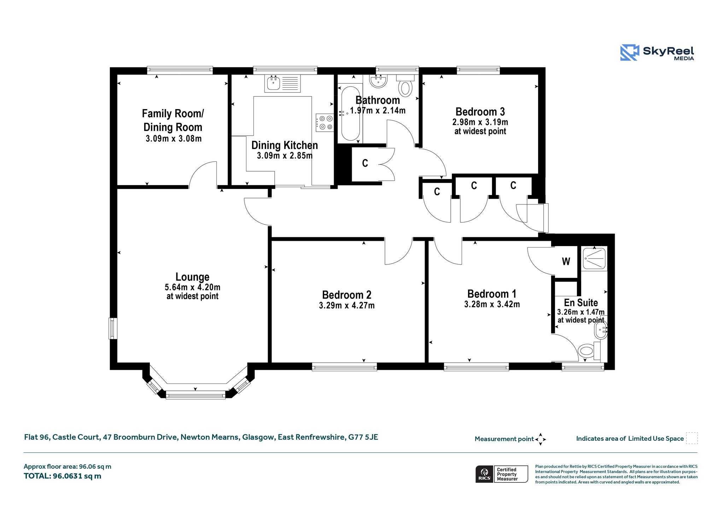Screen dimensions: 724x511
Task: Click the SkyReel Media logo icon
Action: click(x=630, y=52)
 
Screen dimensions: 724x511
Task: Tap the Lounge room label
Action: click(x=192, y=277)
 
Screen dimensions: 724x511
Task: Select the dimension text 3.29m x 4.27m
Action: click(x=347, y=305)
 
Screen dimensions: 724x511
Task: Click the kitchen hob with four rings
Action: click(x=325, y=123)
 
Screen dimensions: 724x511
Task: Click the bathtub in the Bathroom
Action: click(x=350, y=113)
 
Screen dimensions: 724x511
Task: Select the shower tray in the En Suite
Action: click(x=594, y=258)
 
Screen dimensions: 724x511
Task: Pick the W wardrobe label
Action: click(x=566, y=261)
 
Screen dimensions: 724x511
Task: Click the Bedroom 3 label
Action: click(x=480, y=112)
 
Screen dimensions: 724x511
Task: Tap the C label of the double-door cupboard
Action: click(x=365, y=163)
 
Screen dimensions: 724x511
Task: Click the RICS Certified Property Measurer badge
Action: click(x=502, y=474)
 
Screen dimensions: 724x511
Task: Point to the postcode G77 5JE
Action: click(x=363, y=437)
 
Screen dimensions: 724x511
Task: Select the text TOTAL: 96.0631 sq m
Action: click(x=63, y=476)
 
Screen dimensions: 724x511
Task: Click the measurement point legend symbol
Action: click(x=541, y=439)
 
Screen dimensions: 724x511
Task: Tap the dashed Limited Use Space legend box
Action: click(x=692, y=438)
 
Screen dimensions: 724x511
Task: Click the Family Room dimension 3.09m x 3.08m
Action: click(x=174, y=138)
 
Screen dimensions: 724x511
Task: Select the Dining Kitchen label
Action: click(x=285, y=145)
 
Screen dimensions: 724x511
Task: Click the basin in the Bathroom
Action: click(x=378, y=81)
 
